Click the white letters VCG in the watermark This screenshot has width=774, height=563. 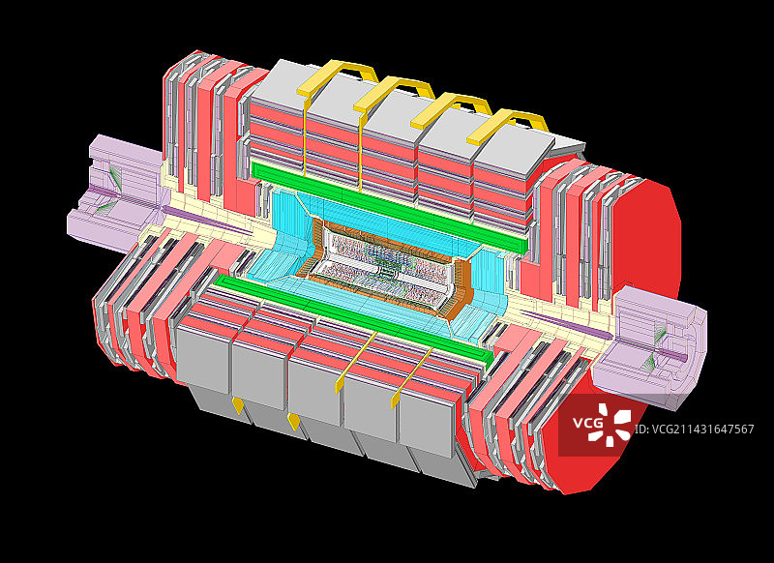pyautogui.click(x=587, y=424)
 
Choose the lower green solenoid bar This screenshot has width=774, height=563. pyautogui.click(x=353, y=321)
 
